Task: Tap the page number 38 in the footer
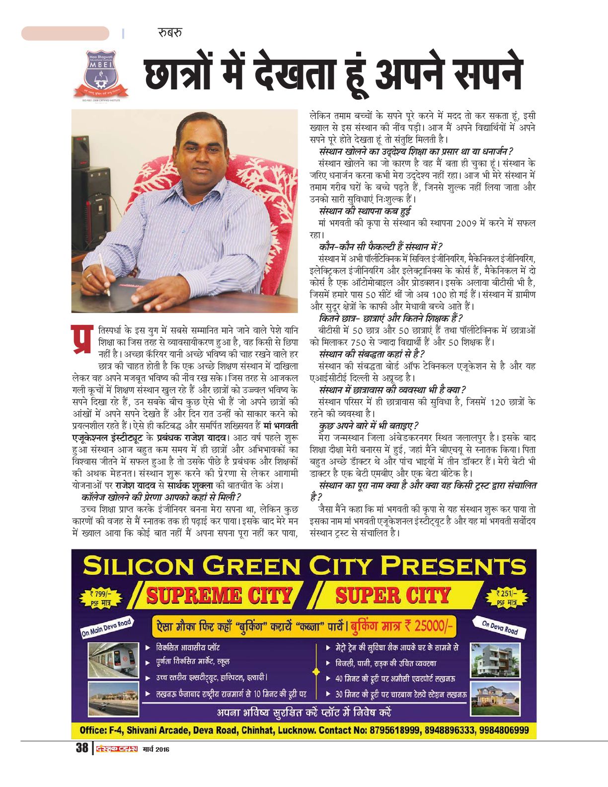(81, 748)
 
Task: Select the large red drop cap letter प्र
(82, 340)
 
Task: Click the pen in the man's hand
(104, 274)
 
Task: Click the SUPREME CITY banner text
(219, 595)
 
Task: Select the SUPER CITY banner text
(392, 595)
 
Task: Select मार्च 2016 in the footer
(155, 749)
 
